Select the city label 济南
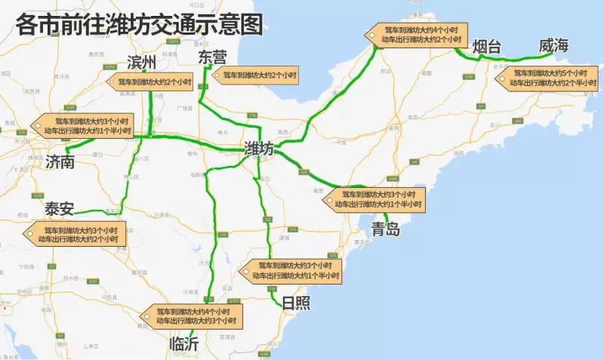click(60, 162)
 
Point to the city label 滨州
click(141, 62)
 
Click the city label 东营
click(211, 57)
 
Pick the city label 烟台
click(486, 47)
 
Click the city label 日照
click(295, 303)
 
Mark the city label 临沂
click(185, 343)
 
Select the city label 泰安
click(59, 208)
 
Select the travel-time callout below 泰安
click(77, 234)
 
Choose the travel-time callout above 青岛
click(375, 199)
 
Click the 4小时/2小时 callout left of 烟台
click(417, 34)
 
